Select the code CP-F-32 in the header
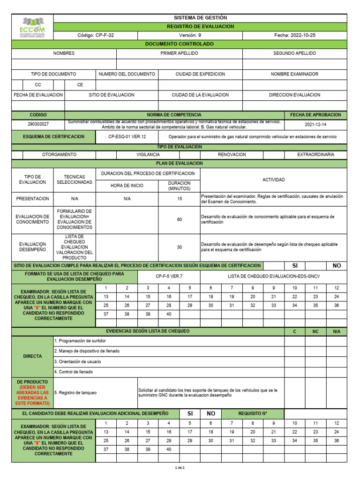point(96,35)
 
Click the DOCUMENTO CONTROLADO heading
point(180,44)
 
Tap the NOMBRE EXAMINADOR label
point(294,74)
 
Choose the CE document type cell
point(80,85)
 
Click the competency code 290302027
point(38,125)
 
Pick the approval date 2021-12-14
point(315,125)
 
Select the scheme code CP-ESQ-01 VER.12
point(127,136)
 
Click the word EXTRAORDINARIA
point(315,154)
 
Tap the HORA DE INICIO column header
point(127,186)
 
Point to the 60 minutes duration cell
point(180,219)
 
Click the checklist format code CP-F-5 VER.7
point(169,277)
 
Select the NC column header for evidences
point(315,331)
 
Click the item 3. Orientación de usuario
point(78,361)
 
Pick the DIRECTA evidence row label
point(32,356)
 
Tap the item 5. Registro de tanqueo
point(75,392)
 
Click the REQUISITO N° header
point(253,413)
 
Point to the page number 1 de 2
point(180,468)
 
